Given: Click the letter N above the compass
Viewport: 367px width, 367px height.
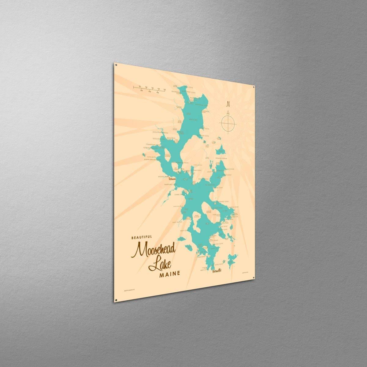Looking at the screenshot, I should pos(228,104).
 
